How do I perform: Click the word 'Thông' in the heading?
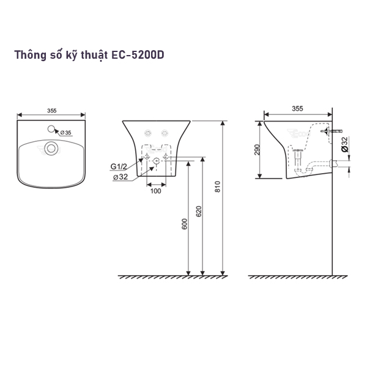[31, 54]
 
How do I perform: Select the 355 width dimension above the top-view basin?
[51, 111]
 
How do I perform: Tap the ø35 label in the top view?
[65, 132]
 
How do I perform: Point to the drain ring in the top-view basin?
[52, 147]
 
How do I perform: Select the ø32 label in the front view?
[120, 177]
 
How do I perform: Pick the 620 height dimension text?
[199, 212]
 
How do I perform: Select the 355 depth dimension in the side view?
[297, 108]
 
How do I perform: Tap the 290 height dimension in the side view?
[258, 150]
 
